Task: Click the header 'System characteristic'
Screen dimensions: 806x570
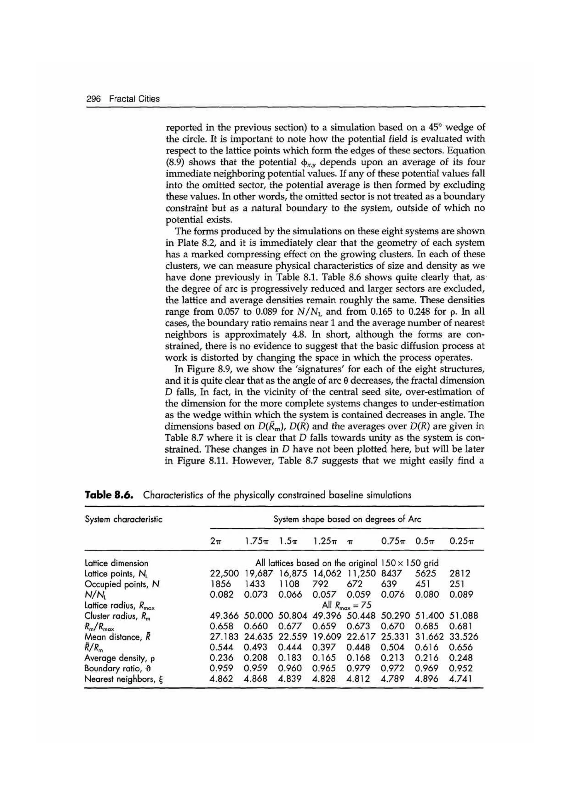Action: tap(123, 519)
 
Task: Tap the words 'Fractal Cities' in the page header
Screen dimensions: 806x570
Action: tap(134, 99)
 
